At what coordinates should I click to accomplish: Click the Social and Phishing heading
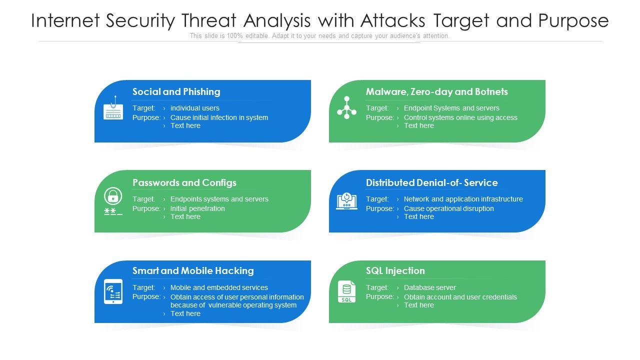pyautogui.click(x=176, y=91)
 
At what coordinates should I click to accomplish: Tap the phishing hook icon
pyautogui.click(x=113, y=108)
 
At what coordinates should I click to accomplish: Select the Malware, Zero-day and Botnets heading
pyautogui.click(x=436, y=91)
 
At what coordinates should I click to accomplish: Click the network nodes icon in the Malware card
pyautogui.click(x=346, y=108)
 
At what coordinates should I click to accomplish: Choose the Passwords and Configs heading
pyautogui.click(x=184, y=182)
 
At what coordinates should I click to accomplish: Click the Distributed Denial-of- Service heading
pyautogui.click(x=431, y=182)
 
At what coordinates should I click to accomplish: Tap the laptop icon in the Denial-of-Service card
pyautogui.click(x=346, y=201)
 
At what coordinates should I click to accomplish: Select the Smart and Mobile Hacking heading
pyautogui.click(x=193, y=270)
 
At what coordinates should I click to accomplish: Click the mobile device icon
pyautogui.click(x=113, y=291)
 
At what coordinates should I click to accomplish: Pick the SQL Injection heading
pyautogui.click(x=395, y=270)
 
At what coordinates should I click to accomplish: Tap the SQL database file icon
pyautogui.click(x=346, y=291)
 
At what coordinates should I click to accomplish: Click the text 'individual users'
pyautogui.click(x=194, y=108)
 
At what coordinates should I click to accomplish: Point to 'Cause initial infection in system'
pyautogui.click(x=219, y=117)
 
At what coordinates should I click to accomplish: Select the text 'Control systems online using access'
pyautogui.click(x=460, y=117)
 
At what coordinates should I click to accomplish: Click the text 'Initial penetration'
pyautogui.click(x=197, y=208)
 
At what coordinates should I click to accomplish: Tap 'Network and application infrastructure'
pyautogui.click(x=463, y=199)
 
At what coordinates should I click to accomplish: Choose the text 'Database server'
pyautogui.click(x=429, y=287)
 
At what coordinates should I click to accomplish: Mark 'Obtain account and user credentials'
pyautogui.click(x=460, y=297)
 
